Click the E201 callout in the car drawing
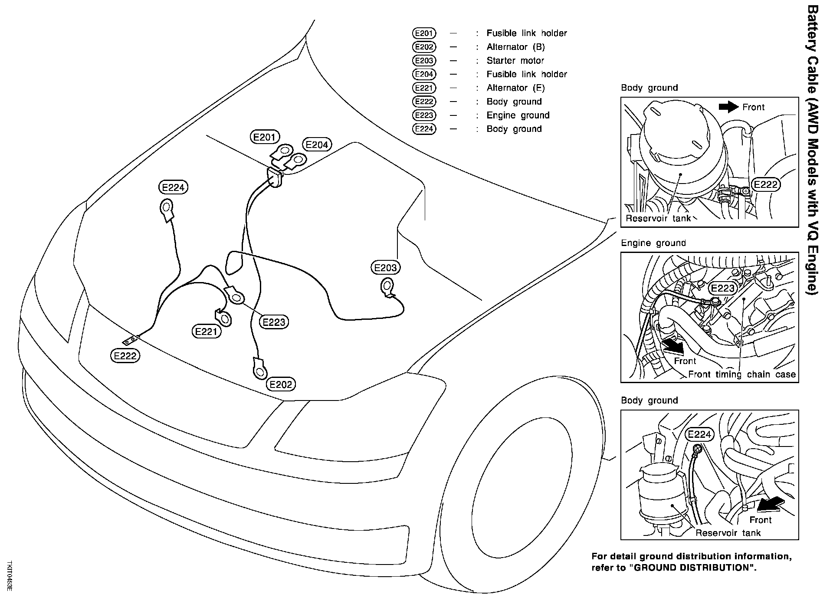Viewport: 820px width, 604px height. (265, 137)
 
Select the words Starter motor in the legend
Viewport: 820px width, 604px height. (515, 60)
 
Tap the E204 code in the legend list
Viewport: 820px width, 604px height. (424, 74)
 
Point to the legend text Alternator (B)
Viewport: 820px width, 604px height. (515, 47)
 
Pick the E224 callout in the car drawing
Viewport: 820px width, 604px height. (173, 187)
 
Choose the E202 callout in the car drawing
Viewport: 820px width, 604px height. (281, 384)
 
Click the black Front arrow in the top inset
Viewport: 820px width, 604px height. (728, 107)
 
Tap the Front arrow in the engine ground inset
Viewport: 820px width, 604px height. (672, 346)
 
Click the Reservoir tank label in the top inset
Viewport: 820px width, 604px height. (658, 218)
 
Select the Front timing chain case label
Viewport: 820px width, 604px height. (742, 374)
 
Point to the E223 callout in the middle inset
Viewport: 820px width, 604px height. (722, 288)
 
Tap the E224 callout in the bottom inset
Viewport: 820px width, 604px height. (699, 434)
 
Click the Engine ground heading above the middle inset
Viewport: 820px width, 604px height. (653, 243)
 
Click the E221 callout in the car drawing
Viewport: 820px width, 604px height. (206, 332)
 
